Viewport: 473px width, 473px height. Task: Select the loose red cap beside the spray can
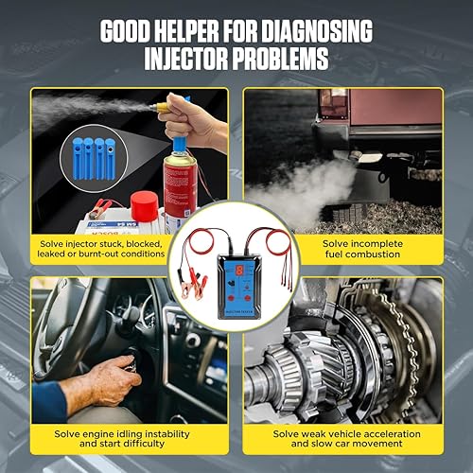[144, 205]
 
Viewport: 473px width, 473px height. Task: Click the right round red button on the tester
[244, 281]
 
